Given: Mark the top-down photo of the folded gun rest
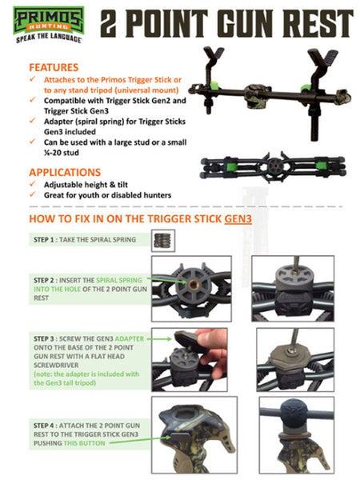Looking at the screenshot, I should tap(274, 168).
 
